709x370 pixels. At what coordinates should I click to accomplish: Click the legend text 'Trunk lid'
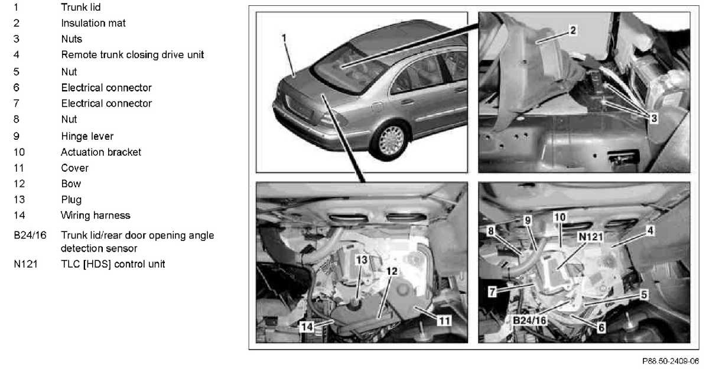(x=81, y=7)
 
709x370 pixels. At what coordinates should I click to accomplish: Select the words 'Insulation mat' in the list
(x=93, y=23)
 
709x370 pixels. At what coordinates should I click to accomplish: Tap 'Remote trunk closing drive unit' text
(x=132, y=54)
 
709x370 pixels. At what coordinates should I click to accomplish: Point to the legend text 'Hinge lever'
(x=87, y=136)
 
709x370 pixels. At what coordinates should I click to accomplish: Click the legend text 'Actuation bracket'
(x=100, y=152)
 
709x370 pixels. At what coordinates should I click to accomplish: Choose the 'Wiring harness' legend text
(x=95, y=215)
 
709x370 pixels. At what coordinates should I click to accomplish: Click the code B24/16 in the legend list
(x=30, y=235)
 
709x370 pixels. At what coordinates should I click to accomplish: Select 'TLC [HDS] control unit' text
(x=113, y=264)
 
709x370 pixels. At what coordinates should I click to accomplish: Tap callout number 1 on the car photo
(x=284, y=38)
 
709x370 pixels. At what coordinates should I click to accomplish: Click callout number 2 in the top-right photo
(x=573, y=30)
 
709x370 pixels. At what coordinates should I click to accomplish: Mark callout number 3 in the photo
(x=654, y=118)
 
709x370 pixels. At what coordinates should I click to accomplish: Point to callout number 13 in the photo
(x=362, y=260)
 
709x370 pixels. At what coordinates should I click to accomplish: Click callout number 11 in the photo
(x=444, y=321)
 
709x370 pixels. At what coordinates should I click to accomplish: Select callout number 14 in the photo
(x=307, y=327)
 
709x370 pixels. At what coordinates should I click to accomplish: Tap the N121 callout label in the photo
(x=591, y=237)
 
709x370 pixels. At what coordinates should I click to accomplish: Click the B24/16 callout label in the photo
(x=529, y=320)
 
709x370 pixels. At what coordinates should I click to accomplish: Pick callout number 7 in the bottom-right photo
(x=492, y=291)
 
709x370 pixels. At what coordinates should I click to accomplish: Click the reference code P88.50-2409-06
(x=671, y=361)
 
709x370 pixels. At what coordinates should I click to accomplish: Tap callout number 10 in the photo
(x=560, y=217)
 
